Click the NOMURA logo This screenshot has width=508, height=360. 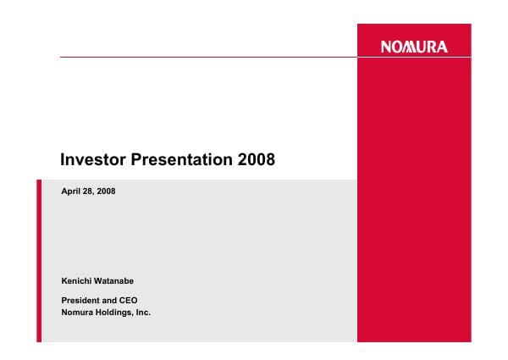click(x=415, y=47)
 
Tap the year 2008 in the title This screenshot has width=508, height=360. click(x=257, y=158)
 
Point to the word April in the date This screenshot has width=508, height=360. click(x=72, y=192)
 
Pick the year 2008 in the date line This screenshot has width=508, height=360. click(x=107, y=192)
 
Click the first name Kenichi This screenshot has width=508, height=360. click(x=77, y=280)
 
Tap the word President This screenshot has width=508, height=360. click(x=81, y=301)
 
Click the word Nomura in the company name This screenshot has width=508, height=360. click(x=78, y=313)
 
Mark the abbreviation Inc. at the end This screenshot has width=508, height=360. click(x=143, y=313)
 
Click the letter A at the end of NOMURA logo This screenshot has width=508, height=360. click(x=442, y=47)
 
